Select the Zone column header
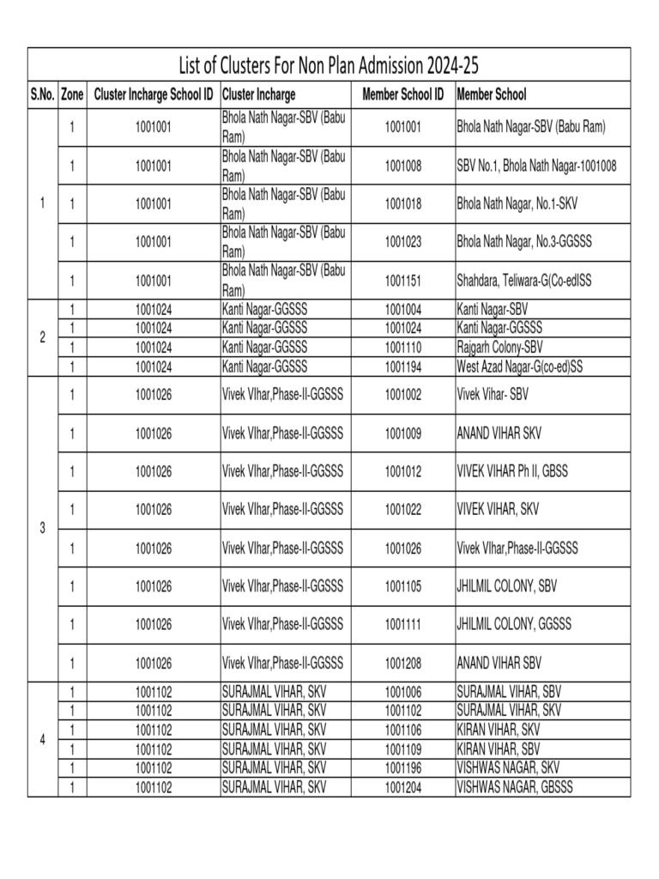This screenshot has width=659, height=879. click(x=72, y=94)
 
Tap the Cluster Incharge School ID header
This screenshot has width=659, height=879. click(x=154, y=94)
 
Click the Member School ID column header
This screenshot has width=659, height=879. click(x=402, y=94)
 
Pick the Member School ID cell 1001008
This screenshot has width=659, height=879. click(x=402, y=166)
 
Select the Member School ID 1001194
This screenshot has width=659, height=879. click(x=402, y=367)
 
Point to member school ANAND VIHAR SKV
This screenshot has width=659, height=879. click(x=499, y=433)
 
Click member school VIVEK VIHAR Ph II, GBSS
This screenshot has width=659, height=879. click(x=511, y=471)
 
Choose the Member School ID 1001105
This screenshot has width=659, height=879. click(x=402, y=586)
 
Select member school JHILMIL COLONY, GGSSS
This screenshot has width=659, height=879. click(x=513, y=624)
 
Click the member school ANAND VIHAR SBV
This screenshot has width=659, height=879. click(x=499, y=663)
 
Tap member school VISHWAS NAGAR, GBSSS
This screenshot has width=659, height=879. click(x=514, y=787)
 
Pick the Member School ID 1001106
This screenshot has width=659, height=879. click(x=402, y=730)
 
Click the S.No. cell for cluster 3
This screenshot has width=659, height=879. click(x=43, y=529)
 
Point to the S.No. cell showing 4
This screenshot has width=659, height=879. click(x=43, y=739)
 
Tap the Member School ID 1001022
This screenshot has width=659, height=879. click(x=402, y=510)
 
